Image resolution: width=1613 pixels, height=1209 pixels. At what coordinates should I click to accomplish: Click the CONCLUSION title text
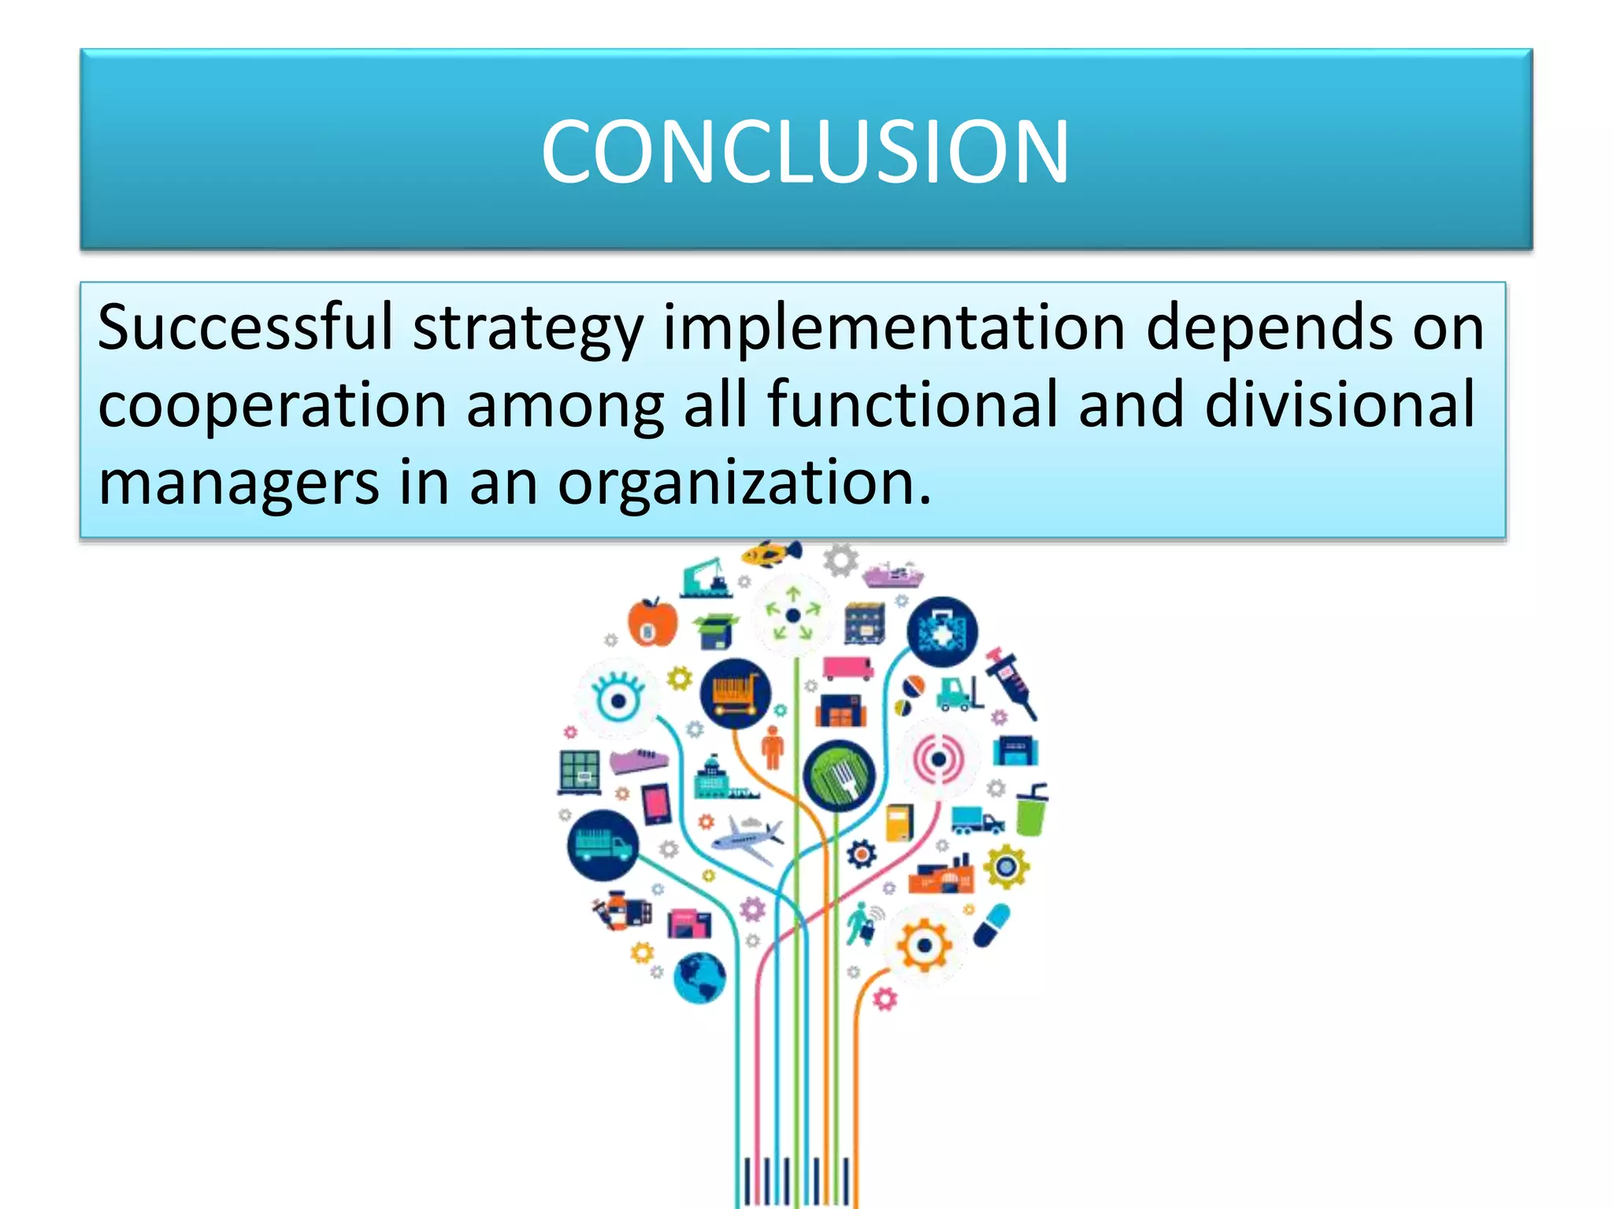[x=805, y=151]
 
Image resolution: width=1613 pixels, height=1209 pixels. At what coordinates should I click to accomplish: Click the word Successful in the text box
[x=245, y=327]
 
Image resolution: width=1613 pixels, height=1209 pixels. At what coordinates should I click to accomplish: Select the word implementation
[x=894, y=327]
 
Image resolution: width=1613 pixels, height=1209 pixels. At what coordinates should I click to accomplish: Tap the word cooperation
[x=273, y=405]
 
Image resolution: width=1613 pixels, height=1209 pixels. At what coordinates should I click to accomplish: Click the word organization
[x=743, y=482]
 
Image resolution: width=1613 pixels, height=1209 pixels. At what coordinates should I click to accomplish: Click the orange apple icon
[x=652, y=622]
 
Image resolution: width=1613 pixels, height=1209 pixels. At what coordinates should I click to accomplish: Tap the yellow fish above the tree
[x=771, y=553]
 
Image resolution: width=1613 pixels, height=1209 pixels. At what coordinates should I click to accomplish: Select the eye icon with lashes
[x=617, y=697]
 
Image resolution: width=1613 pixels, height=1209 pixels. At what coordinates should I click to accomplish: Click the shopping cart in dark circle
[x=735, y=693]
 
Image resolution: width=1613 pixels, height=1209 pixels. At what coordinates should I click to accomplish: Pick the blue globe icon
[x=699, y=977]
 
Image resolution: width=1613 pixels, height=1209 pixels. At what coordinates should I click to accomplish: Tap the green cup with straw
[x=1030, y=811]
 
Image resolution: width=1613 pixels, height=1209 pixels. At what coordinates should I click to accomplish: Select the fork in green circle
[x=838, y=776]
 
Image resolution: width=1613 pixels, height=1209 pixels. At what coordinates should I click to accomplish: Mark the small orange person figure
[x=773, y=747]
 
